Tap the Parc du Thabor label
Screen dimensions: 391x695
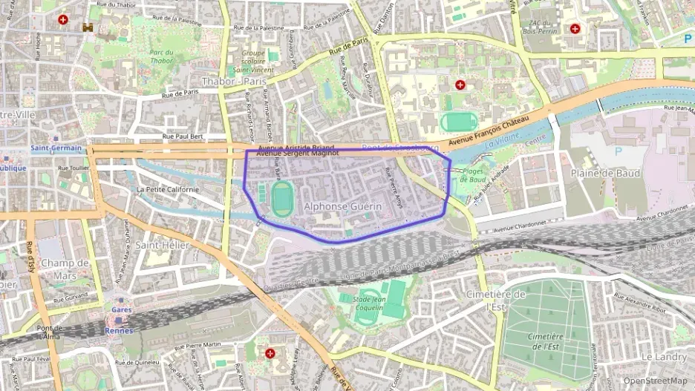pyautogui.click(x=161, y=57)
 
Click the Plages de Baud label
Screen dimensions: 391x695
pyautogui.click(x=472, y=176)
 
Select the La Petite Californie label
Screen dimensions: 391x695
pyautogui.click(x=167, y=189)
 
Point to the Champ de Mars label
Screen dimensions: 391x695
pyautogui.click(x=65, y=269)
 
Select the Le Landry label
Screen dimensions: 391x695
pyautogui.click(x=664, y=357)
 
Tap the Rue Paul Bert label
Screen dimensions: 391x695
pyautogui.click(x=183, y=137)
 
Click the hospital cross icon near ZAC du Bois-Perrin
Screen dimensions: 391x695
pyautogui.click(x=575, y=29)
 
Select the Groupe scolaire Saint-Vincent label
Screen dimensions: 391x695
pyautogui.click(x=253, y=61)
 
